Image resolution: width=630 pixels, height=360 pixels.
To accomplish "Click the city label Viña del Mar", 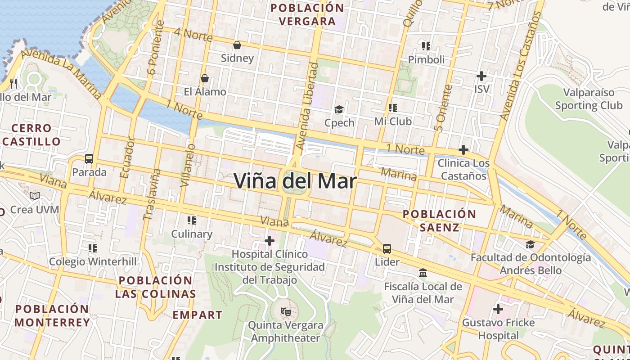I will click(x=296, y=181).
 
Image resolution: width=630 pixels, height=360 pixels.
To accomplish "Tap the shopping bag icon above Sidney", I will click(x=237, y=45).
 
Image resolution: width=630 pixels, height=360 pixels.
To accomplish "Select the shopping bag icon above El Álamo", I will click(x=205, y=79).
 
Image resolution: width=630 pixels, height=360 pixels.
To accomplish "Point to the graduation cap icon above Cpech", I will click(x=339, y=109).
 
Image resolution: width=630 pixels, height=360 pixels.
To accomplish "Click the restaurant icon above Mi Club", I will click(x=393, y=108).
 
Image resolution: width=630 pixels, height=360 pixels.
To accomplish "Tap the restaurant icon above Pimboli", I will click(x=426, y=46).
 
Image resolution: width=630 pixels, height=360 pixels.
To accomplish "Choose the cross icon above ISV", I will click(x=481, y=76).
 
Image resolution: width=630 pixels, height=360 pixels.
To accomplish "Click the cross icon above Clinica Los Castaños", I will click(x=463, y=149).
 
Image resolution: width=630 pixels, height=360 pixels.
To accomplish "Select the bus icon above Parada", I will click(x=89, y=159).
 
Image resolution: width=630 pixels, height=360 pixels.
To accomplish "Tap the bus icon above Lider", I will click(x=387, y=248).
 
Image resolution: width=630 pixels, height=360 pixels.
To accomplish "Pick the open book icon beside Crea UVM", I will click(x=35, y=196).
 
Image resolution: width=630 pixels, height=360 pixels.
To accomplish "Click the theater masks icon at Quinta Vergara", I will click(x=285, y=311).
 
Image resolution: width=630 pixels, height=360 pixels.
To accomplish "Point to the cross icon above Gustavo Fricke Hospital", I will click(x=498, y=309).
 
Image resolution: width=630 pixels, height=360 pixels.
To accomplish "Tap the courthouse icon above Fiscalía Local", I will click(x=423, y=273).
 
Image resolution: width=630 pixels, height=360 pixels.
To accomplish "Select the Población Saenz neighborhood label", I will click(x=439, y=220).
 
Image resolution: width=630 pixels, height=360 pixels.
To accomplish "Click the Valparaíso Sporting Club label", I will click(x=589, y=99).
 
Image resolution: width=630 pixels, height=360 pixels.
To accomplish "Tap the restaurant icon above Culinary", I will click(x=192, y=220).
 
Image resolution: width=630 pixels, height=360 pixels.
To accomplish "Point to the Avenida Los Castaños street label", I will click(x=519, y=66).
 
